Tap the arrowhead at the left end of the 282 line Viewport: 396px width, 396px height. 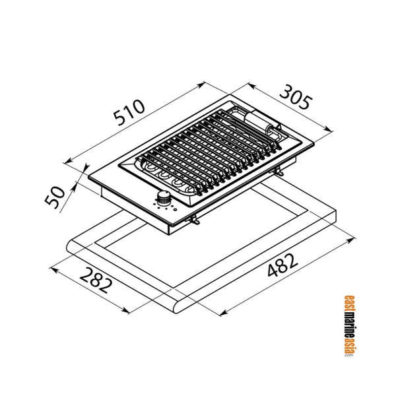coord(53,267)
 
